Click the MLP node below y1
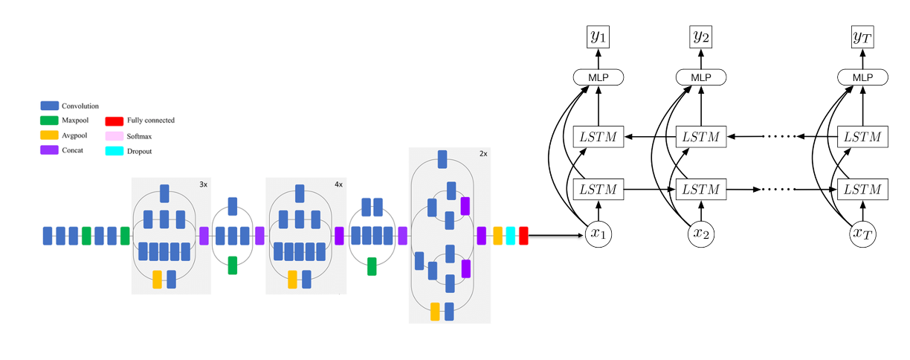[598, 77]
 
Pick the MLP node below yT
[862, 77]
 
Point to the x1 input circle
[598, 235]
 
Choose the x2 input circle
[701, 235]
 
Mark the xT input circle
[862, 235]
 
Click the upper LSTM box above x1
[598, 137]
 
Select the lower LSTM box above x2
[701, 190]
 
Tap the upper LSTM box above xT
[862, 137]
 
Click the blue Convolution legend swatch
[50, 106]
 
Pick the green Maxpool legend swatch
[50, 120]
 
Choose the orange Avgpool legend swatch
[50, 135]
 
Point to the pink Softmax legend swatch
[114, 136]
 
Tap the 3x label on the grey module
[203, 184]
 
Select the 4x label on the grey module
[338, 184]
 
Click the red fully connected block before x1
[523, 236]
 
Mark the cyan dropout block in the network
[511, 236]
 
